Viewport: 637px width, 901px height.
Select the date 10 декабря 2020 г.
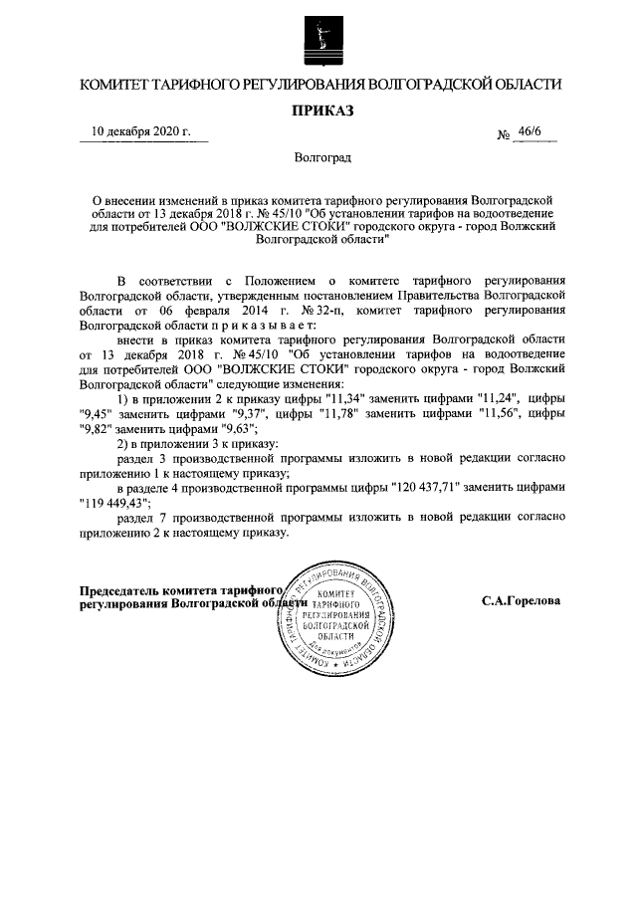141,132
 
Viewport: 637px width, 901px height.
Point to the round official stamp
335,618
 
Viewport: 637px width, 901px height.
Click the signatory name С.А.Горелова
521,601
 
